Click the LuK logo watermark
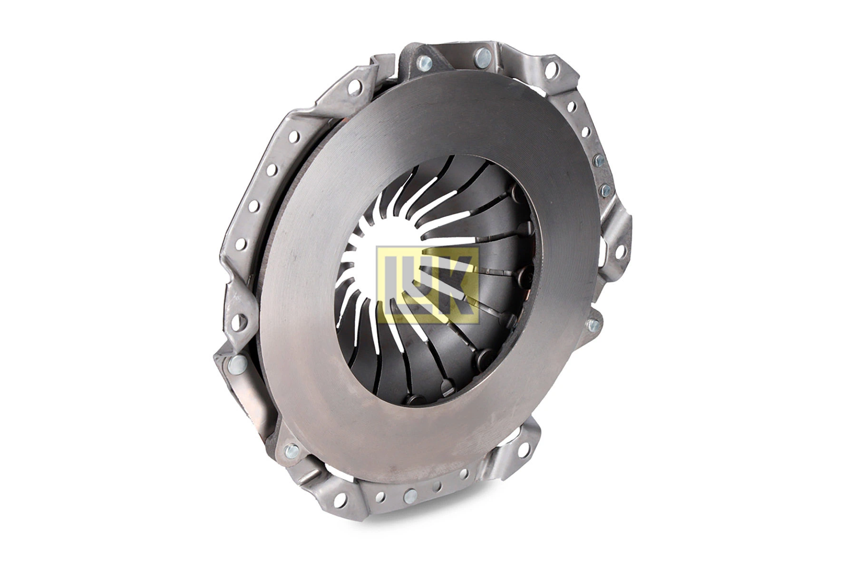click(x=427, y=285)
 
